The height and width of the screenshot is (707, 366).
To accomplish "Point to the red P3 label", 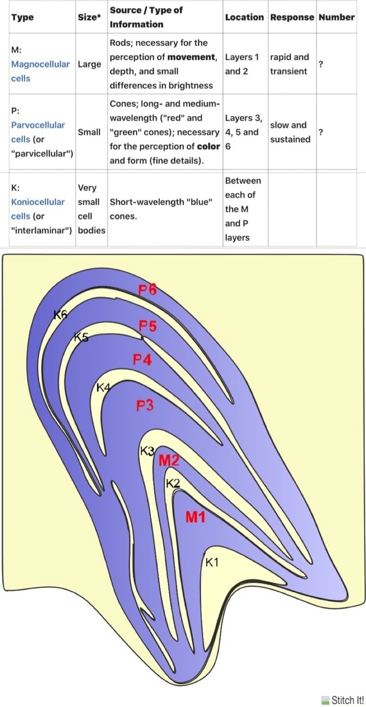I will (145, 406).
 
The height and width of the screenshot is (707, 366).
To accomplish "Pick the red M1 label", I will (196, 518).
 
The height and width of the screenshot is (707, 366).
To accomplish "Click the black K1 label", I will (212, 562).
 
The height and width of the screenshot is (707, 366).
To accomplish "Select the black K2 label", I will (173, 484).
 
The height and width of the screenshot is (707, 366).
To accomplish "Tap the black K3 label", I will (148, 450).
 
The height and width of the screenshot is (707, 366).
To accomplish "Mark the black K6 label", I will (60, 314).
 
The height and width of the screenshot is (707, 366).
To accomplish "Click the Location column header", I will (244, 17).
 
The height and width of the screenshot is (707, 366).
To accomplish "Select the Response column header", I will (292, 17).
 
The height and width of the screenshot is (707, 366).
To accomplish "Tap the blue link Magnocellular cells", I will (40, 71).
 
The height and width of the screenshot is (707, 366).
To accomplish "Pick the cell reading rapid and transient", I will (289, 64).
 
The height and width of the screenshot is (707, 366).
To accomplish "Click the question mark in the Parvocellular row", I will (321, 132).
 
